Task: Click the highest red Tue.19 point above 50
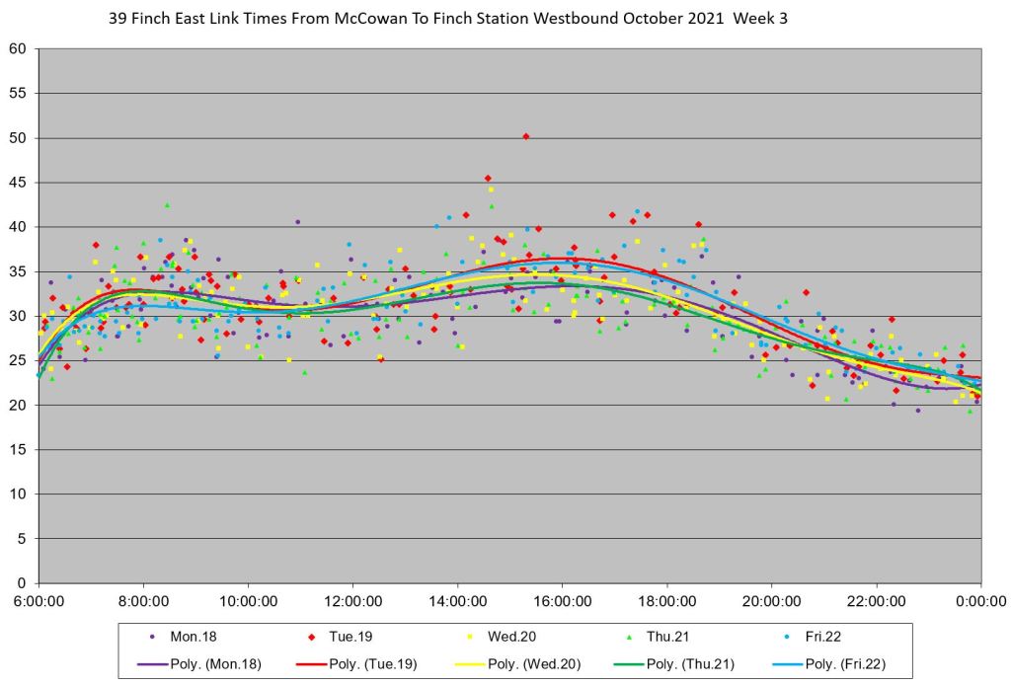tap(525, 136)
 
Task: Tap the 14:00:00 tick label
tap(457, 599)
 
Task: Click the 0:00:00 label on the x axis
tap(980, 599)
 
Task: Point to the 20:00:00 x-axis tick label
tap(771, 599)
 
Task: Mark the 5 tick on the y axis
tap(23, 539)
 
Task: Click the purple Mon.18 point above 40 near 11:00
tap(297, 221)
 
